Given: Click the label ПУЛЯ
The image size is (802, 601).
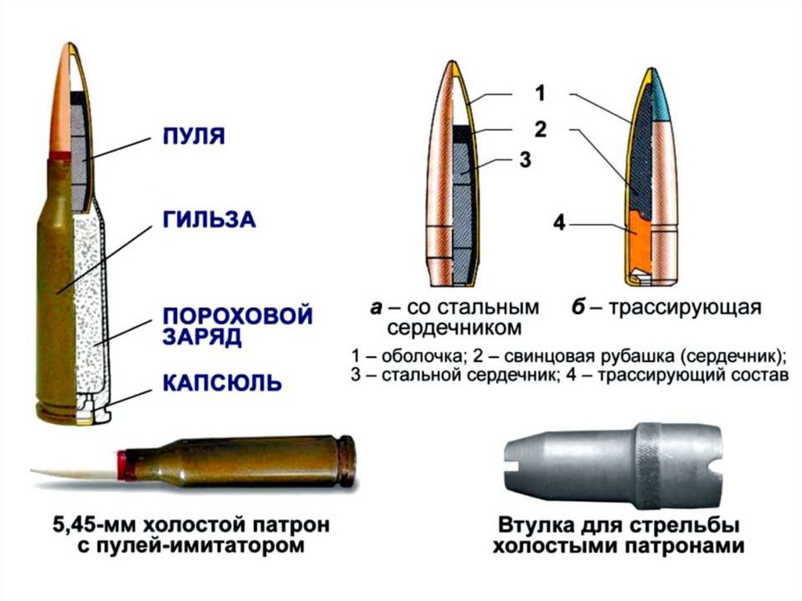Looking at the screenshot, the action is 193,138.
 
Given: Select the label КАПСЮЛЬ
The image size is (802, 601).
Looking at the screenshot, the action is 221,384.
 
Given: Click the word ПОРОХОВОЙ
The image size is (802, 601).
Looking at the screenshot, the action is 237,317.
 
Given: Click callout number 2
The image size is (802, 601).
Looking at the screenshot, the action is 540,128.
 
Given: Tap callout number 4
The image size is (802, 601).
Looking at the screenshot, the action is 558,223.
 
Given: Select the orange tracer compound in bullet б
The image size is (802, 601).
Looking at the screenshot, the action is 638,243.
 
